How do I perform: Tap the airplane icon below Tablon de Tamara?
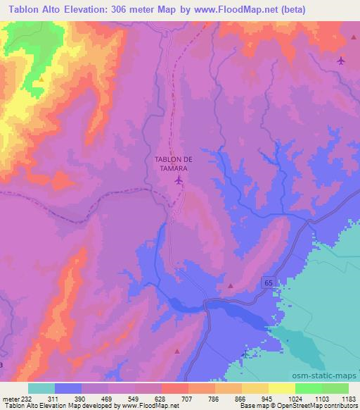pyautogui.click(x=179, y=181)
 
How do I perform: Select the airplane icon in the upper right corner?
pyautogui.click(x=341, y=60)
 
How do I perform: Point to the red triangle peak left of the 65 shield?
pyautogui.click(x=231, y=286)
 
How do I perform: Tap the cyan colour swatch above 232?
pyautogui.click(x=41, y=388)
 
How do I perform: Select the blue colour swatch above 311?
pyautogui.click(x=68, y=388)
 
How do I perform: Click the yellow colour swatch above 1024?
pyautogui.click(x=282, y=388)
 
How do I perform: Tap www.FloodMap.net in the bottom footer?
pyautogui.click(x=150, y=406)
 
